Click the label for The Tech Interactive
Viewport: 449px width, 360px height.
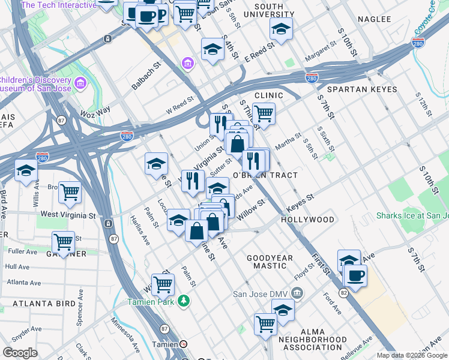coord(58,5)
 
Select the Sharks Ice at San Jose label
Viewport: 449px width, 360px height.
coord(412,216)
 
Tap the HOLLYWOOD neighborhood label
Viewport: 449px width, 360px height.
coord(308,220)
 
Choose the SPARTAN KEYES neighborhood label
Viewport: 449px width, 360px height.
coord(363,89)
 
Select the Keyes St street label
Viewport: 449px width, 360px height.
coord(300,198)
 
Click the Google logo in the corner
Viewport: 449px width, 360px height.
coord(20,353)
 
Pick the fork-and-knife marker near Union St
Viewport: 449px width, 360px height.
coord(219,124)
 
